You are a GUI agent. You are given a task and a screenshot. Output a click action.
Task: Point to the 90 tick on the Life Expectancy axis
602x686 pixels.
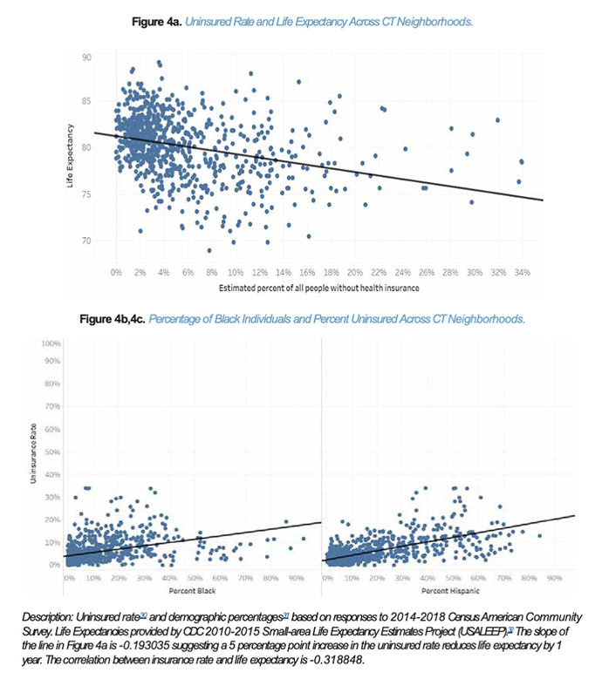pos(87,57)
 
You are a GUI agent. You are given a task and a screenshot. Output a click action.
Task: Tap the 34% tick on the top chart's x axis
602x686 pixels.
pos(522,272)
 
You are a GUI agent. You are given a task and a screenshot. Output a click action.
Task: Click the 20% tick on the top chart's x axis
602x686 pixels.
pos(355,272)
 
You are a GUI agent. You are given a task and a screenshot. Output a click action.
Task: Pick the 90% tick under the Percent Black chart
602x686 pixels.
pos(297,578)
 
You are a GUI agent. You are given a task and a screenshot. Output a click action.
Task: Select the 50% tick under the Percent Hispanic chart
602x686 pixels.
pos(454,578)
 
